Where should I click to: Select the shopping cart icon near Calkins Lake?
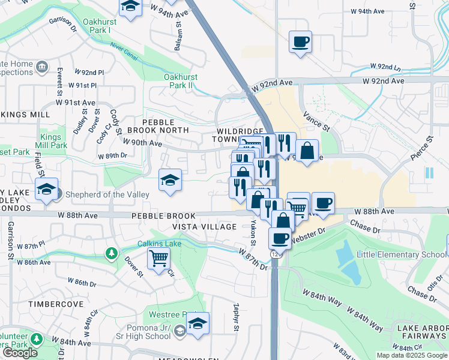[x=158, y=259]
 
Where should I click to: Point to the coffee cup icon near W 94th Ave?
[x=300, y=43]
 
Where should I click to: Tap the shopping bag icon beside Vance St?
[x=307, y=151]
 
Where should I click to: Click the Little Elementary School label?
[x=401, y=254]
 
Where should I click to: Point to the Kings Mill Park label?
[x=54, y=141]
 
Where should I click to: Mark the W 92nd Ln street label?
[x=386, y=66]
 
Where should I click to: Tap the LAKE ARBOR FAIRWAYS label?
[x=420, y=332]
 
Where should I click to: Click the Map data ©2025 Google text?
[x=412, y=355]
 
